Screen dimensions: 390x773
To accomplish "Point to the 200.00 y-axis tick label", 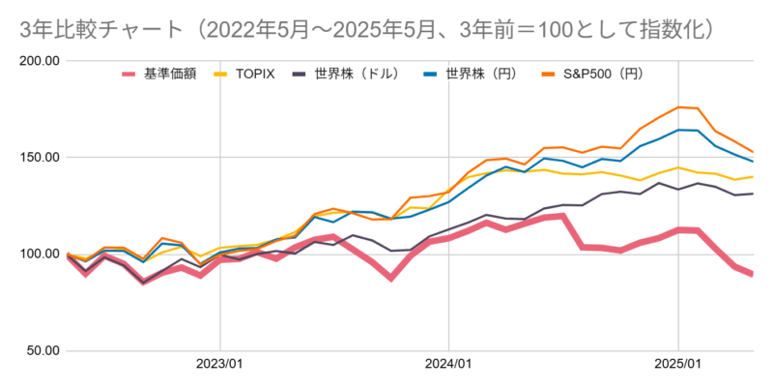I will (x=40, y=61).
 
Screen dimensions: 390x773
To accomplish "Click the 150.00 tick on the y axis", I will (x=40, y=158).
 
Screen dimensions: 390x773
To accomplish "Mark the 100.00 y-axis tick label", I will (x=40, y=255).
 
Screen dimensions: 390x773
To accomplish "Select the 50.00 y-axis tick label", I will (x=43, y=351).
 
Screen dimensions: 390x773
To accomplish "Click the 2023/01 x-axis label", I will (x=220, y=365).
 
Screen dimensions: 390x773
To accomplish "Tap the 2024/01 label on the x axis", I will (x=449, y=365).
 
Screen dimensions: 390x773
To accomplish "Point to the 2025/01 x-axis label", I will (x=677, y=365).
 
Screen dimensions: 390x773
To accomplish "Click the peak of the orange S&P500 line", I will (x=678, y=106).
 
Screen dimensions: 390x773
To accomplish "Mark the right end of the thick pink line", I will (x=753, y=275).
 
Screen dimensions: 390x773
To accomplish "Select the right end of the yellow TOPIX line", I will (x=753, y=177).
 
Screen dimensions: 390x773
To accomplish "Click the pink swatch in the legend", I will (x=129, y=74).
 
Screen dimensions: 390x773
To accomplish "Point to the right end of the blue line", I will (x=753, y=161).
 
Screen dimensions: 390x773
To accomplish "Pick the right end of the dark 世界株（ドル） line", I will (x=753, y=194).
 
